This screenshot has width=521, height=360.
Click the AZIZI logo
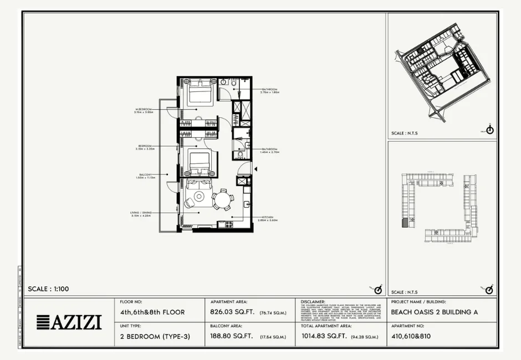(x=69, y=322)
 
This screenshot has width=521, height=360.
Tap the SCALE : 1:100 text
(x=49, y=289)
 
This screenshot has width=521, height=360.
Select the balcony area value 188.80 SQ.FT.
(x=232, y=336)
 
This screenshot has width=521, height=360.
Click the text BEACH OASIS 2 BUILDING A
(x=435, y=312)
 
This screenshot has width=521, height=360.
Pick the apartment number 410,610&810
(x=411, y=336)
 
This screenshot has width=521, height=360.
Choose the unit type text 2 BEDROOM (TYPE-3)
(x=152, y=336)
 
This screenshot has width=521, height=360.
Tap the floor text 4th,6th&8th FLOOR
(x=152, y=312)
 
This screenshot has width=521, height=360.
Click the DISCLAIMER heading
(x=314, y=302)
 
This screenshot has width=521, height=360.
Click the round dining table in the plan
(x=223, y=200)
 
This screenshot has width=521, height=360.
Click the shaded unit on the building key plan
(x=405, y=223)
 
